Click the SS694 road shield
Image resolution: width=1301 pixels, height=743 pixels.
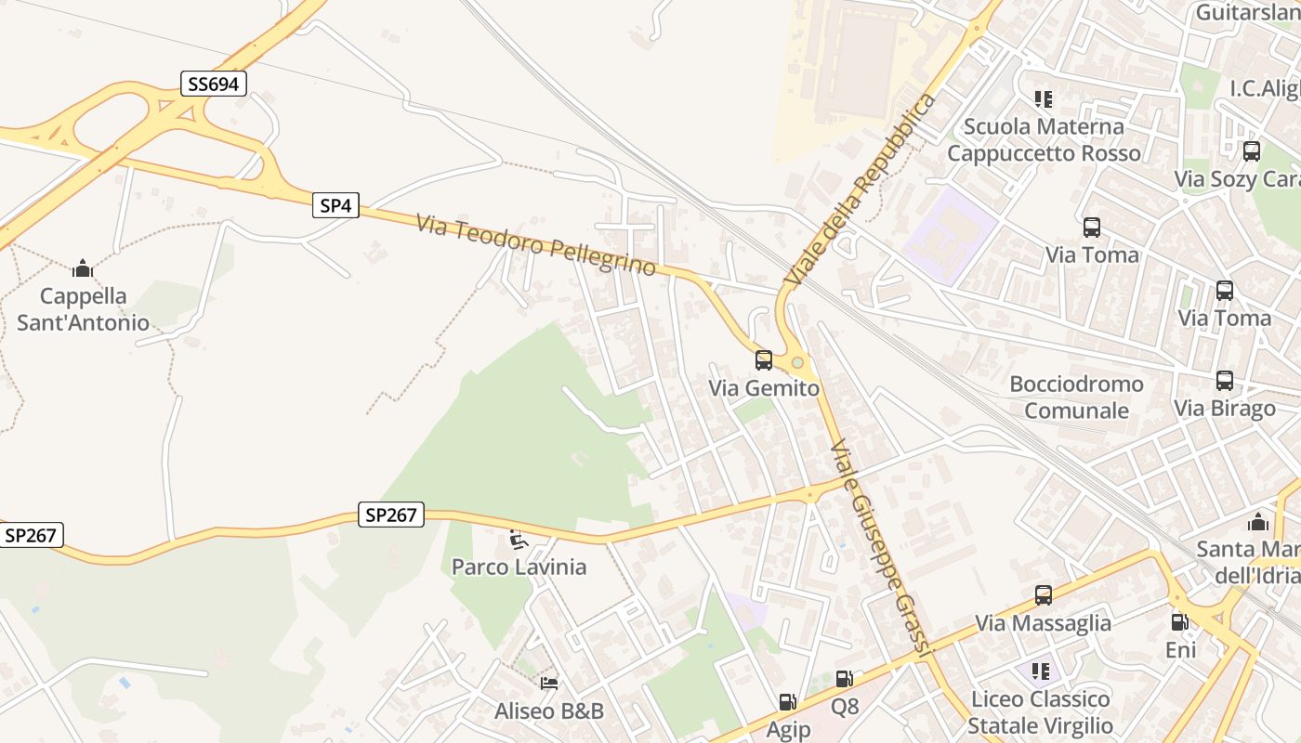coord(213,85)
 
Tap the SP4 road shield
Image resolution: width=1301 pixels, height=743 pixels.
coord(335,206)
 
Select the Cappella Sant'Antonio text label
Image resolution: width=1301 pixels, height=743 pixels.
coord(83,309)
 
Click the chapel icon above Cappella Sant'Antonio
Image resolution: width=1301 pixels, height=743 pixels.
coord(83,268)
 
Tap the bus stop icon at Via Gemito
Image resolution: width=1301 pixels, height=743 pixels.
coord(763,360)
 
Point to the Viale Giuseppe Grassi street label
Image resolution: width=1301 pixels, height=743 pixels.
coord(880,549)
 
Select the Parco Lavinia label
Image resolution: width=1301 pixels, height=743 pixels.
coord(519,567)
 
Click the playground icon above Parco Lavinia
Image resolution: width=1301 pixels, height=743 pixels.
coord(519,540)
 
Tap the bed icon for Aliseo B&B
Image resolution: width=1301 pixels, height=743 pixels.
coord(549,684)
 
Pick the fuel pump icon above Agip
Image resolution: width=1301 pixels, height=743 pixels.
coord(787,703)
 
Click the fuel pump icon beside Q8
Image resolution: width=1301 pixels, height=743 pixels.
coord(843,680)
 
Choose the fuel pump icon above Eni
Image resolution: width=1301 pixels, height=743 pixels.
coord(1179,622)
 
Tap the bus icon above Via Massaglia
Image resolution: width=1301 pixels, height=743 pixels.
coord(1043,595)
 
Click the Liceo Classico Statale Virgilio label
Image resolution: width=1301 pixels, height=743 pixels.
coord(1040,712)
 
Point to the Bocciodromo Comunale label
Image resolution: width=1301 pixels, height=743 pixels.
coord(1076,398)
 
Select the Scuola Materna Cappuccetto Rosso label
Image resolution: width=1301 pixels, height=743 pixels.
coord(1044,139)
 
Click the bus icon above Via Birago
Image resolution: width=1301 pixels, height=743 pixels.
coord(1224,381)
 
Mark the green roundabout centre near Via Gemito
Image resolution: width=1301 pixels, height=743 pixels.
coord(797,362)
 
